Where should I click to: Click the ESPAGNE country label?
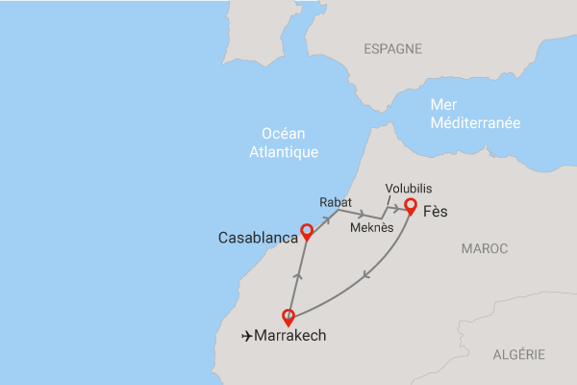394,47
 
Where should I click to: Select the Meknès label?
370,228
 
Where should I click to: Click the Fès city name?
437,211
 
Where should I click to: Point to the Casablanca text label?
258,236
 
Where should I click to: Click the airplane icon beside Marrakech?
249,336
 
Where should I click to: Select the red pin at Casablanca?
307,231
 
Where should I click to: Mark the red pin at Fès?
410,205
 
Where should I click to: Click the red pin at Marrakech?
288,315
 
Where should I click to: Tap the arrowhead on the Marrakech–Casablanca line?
297,275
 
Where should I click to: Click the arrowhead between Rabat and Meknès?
360,215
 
